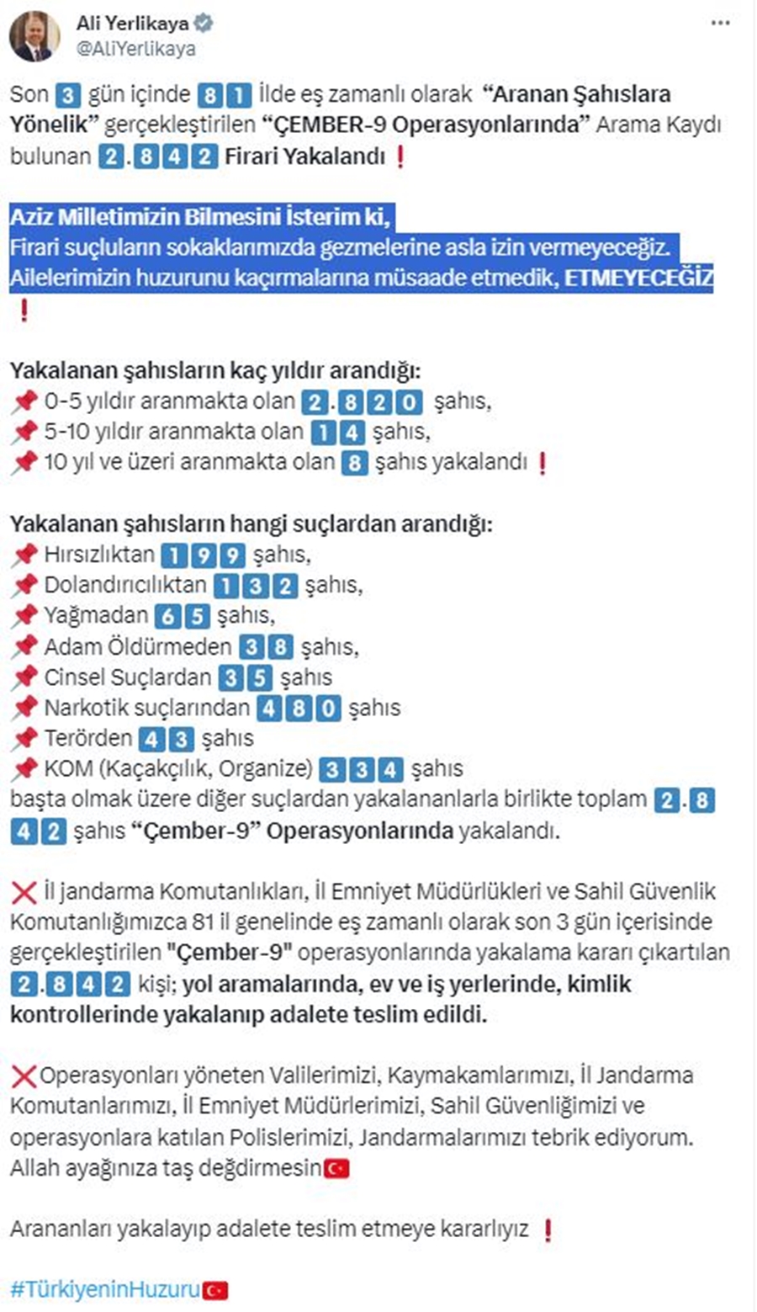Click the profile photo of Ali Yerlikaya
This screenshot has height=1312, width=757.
pos(34,36)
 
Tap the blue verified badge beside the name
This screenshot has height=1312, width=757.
pos(204,24)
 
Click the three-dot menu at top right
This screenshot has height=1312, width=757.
pos(721,23)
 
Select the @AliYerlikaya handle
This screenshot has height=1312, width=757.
pos(135,49)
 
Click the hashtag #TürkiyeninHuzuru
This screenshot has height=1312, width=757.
pos(105,1289)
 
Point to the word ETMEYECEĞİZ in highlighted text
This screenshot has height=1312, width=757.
pos(638,279)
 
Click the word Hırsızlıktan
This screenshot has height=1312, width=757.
pos(99,554)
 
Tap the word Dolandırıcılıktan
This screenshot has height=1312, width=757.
pos(125,584)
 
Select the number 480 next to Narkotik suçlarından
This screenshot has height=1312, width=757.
pos(299,708)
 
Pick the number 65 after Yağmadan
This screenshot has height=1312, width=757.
pos(183,616)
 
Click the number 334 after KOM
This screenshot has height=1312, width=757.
pos(362,769)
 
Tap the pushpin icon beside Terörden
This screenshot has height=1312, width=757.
pos(24,738)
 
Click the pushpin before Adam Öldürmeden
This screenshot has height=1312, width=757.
pos(24,646)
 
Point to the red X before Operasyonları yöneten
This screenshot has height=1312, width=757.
pos(24,1076)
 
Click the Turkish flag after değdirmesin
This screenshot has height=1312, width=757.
pos(336,1168)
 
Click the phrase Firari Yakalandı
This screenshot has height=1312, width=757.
pos(304,156)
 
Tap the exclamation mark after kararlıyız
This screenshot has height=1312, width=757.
pos(548,1230)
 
